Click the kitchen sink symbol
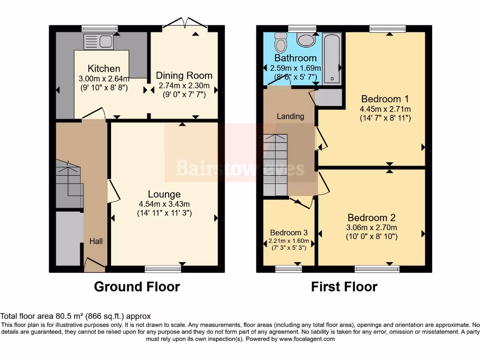(x=98, y=42)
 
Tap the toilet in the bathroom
(x=280, y=43)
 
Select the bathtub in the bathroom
(x=332, y=58)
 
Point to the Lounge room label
(x=164, y=194)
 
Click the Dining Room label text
(x=184, y=75)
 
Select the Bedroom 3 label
(x=289, y=232)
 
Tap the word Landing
(x=291, y=116)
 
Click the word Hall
(x=96, y=241)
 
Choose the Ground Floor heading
(x=137, y=287)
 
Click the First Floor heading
(x=344, y=287)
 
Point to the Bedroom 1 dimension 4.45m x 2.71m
(x=385, y=109)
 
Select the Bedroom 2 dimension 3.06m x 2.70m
(x=372, y=227)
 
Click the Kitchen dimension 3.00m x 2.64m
(x=104, y=78)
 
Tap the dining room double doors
(x=185, y=23)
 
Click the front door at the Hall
(x=95, y=264)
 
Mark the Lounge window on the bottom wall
(x=163, y=269)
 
